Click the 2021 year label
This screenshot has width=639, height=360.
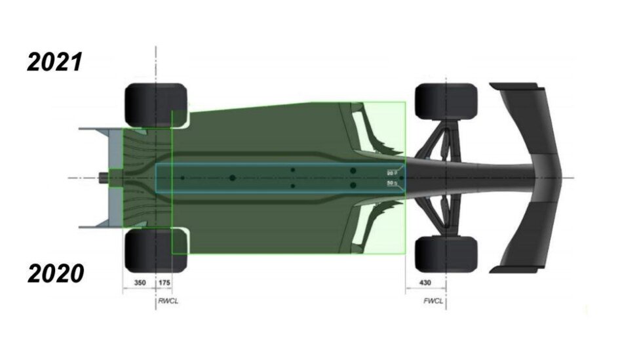(54, 62)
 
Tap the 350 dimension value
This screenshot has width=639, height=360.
(139, 283)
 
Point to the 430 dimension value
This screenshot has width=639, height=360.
(425, 283)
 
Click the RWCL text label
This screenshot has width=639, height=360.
(168, 303)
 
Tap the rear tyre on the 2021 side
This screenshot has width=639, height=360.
(155, 104)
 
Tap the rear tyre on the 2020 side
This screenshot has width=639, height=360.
(155, 250)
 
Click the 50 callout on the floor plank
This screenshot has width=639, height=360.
(392, 184)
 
